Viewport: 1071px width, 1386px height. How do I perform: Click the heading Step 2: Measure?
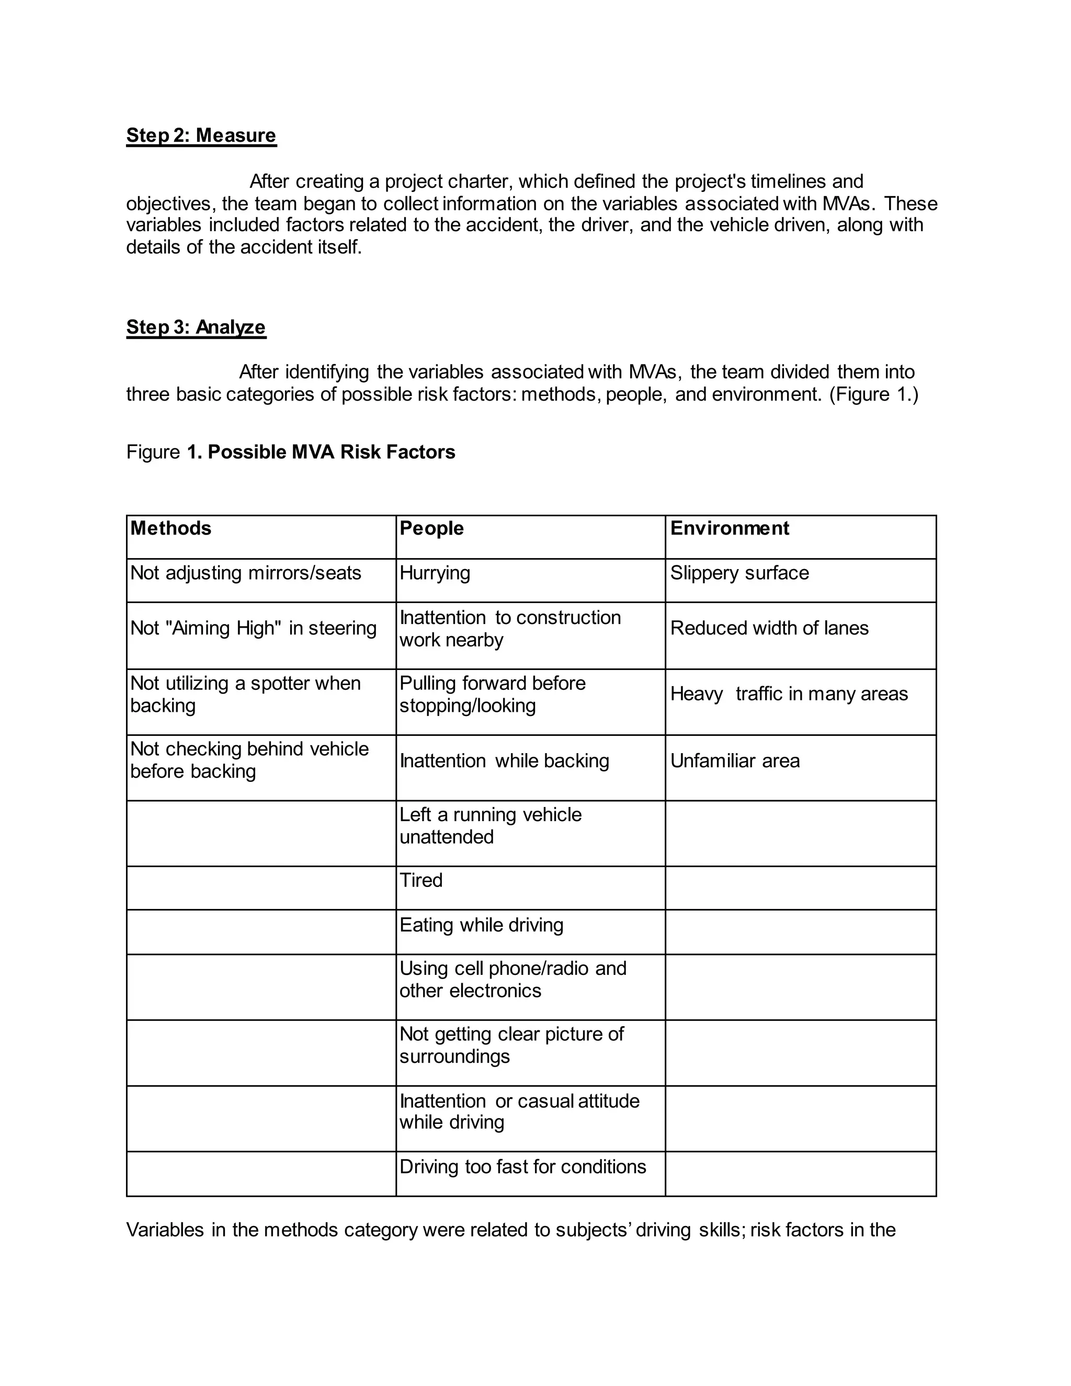coord(201,135)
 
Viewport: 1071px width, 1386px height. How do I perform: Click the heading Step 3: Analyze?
coord(196,327)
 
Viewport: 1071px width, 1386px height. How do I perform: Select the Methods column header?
coord(170,528)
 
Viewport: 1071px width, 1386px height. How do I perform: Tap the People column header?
coord(431,528)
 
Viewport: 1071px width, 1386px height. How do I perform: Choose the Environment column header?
coord(729,528)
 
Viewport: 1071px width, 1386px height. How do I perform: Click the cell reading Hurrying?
coord(435,573)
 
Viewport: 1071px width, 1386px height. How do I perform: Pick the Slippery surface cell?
coord(739,573)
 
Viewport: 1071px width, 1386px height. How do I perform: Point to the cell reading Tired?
coord(420,880)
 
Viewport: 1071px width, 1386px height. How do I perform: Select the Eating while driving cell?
coord(481,925)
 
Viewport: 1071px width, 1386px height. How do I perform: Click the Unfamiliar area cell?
coord(735,760)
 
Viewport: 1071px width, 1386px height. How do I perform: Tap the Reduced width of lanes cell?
coord(769,628)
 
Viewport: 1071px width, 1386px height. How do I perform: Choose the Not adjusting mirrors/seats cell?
coord(246,573)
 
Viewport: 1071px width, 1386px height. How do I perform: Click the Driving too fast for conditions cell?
coord(523,1166)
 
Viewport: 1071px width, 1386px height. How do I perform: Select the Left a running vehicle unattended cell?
coord(490,825)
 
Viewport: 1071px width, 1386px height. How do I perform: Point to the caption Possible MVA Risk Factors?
coord(331,452)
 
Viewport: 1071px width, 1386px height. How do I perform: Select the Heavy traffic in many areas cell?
coord(789,694)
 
